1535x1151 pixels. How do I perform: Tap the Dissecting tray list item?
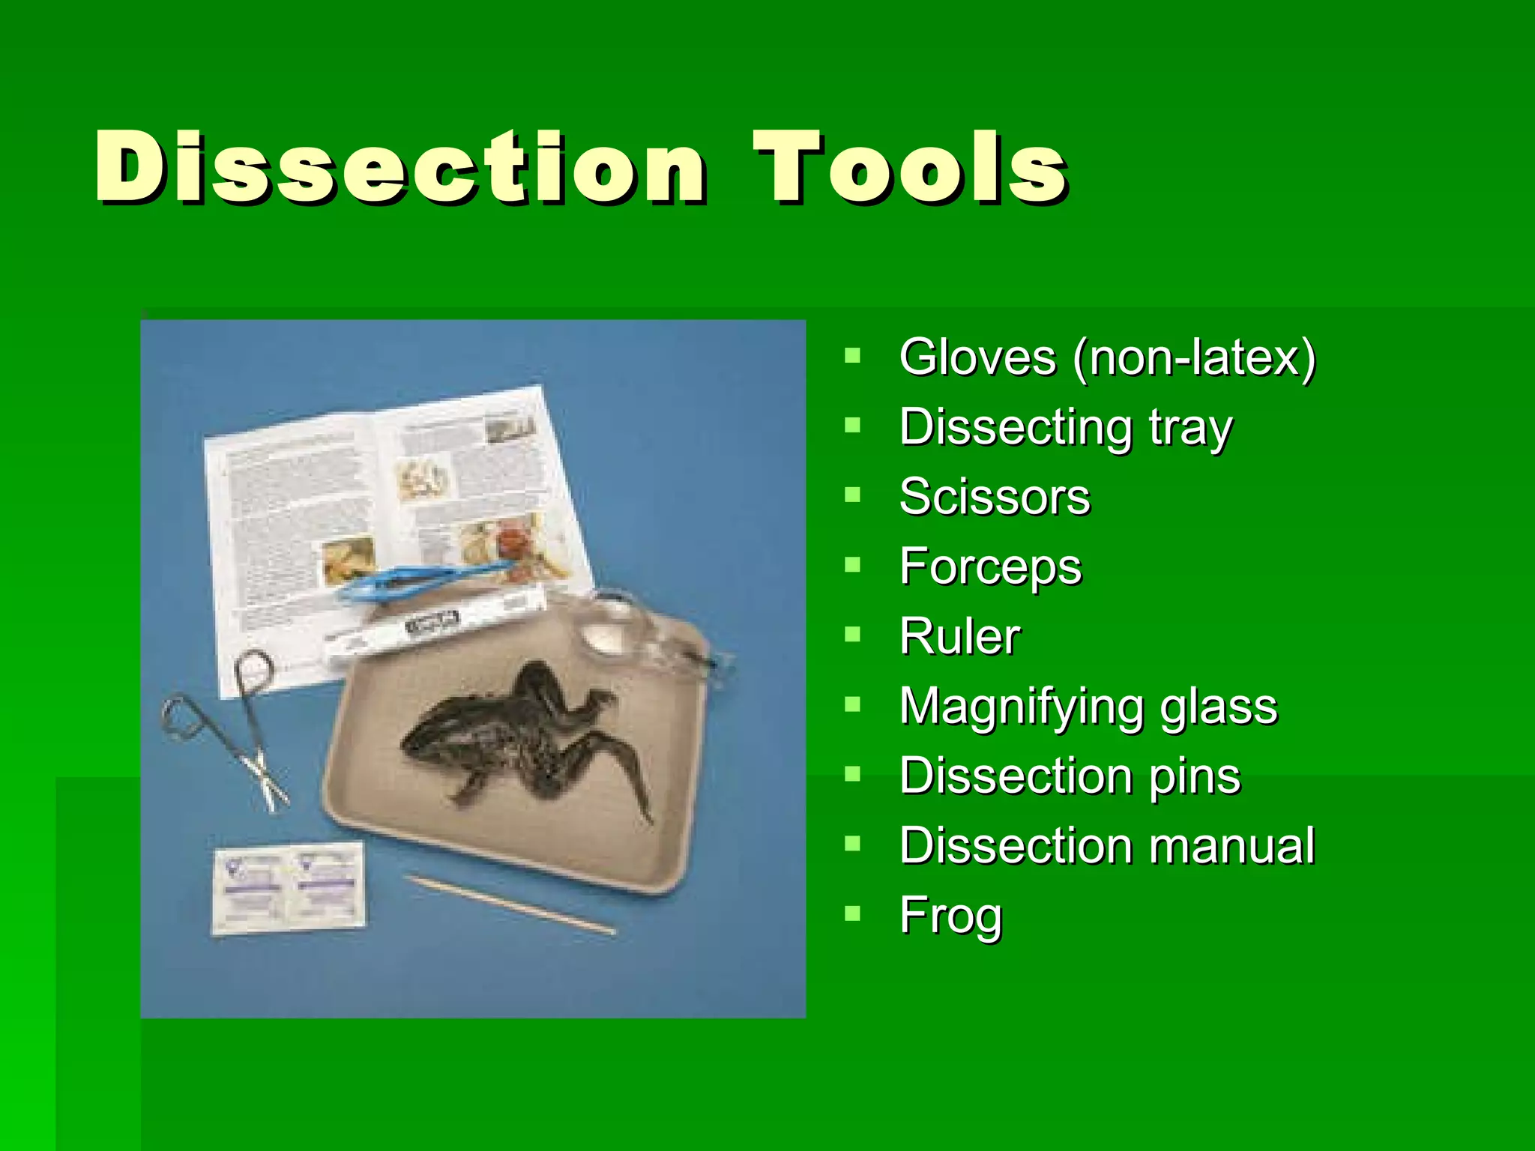tap(1065, 427)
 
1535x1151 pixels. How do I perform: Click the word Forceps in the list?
tap(990, 567)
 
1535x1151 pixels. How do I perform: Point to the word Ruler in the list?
tap(959, 636)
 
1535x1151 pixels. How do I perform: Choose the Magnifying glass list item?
tap(1088, 706)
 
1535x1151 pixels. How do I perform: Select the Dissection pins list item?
tap(1070, 776)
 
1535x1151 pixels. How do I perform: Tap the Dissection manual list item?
tap(1106, 845)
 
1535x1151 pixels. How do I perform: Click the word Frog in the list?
tap(950, 915)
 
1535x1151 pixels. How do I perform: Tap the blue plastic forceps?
tap(420, 581)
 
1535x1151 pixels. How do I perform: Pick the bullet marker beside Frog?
tap(852, 913)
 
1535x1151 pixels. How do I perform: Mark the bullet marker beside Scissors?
tap(852, 495)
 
